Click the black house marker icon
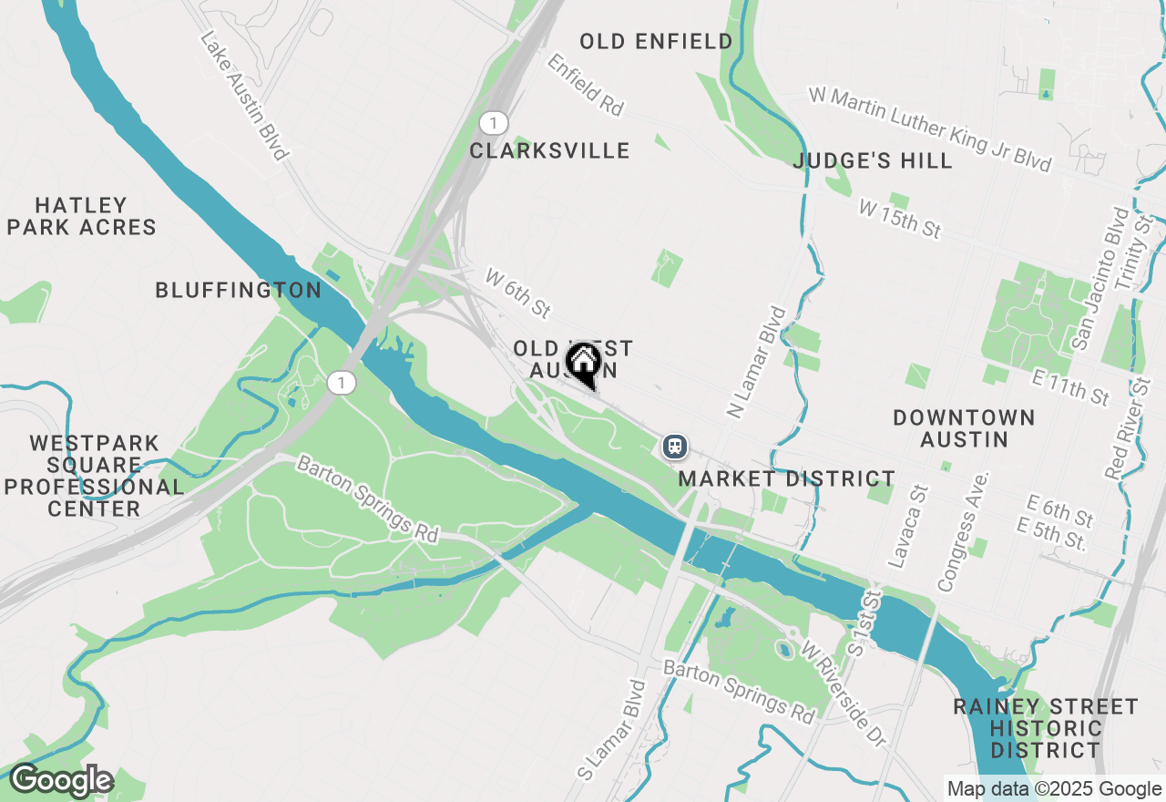click(x=583, y=363)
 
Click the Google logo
click(x=61, y=780)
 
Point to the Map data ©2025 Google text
click(x=1054, y=789)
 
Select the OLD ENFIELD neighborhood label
click(x=656, y=41)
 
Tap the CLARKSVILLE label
click(x=549, y=150)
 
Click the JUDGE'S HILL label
click(x=873, y=161)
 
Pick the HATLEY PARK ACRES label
click(x=82, y=216)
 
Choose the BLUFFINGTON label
click(x=238, y=290)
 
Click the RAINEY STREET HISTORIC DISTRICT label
click(x=1046, y=728)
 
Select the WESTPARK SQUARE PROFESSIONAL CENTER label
click(x=94, y=476)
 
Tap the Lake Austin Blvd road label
click(x=244, y=96)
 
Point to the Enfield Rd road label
click(x=585, y=84)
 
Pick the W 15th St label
click(x=899, y=220)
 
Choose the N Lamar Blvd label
click(x=756, y=362)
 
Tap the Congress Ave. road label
click(x=962, y=531)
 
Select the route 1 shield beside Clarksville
click(x=493, y=123)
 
